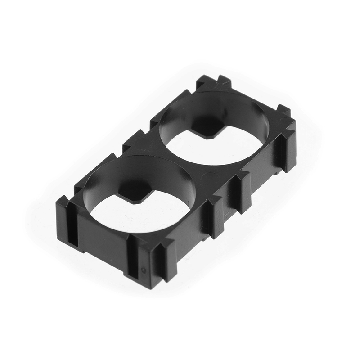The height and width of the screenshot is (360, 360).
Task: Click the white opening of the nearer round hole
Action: click(x=148, y=211)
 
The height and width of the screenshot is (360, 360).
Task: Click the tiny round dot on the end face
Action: click(x=144, y=270)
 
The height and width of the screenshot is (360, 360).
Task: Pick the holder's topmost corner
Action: click(x=211, y=81)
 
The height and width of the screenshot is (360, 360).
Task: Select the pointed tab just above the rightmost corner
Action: click(x=283, y=110)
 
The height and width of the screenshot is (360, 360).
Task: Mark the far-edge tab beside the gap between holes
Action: click(x=135, y=139)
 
